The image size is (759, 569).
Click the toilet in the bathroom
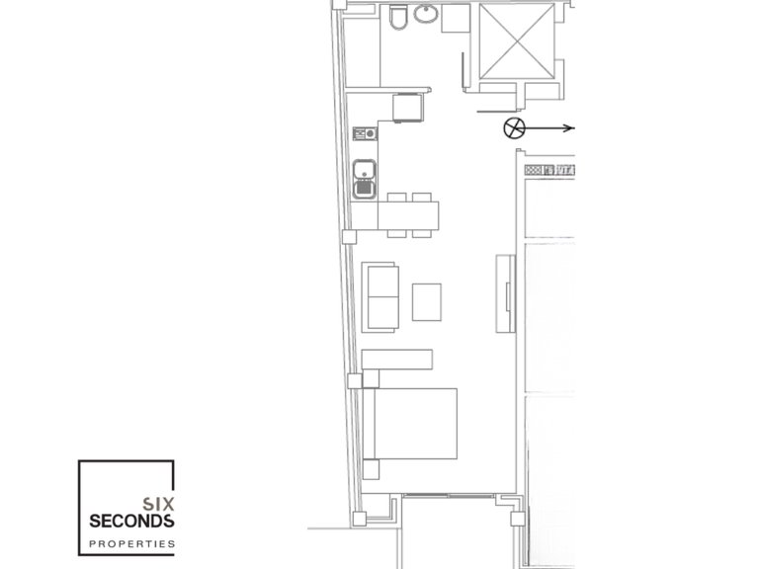pyautogui.click(x=397, y=20)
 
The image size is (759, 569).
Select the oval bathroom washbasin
pyautogui.click(x=426, y=15)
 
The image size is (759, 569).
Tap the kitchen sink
pyautogui.click(x=364, y=178)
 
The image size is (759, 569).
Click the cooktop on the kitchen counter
pyautogui.click(x=363, y=132)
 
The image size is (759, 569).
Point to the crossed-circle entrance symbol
pyautogui.click(x=514, y=127)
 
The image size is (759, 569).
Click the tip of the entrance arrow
pyautogui.click(x=574, y=127)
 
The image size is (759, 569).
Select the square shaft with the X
pyautogui.click(x=517, y=39)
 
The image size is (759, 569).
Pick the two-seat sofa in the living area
pyautogui.click(x=380, y=296)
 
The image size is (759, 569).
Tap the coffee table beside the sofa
pyautogui.click(x=426, y=301)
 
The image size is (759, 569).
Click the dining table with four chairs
pyautogui.click(x=410, y=214)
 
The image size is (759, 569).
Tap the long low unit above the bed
pyautogui.click(x=397, y=358)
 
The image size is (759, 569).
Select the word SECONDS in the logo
pyautogui.click(x=131, y=520)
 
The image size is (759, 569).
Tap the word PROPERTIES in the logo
pyautogui.click(x=131, y=543)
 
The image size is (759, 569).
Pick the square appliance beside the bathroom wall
pyautogui.click(x=408, y=107)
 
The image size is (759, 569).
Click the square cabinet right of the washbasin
pyautogui.click(x=456, y=19)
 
